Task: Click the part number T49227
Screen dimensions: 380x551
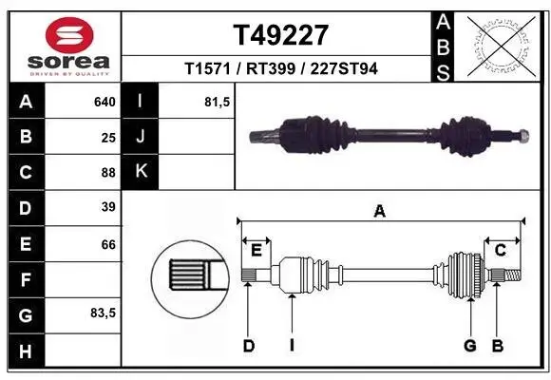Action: click(x=280, y=36)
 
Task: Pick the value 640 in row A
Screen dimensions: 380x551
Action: click(x=104, y=102)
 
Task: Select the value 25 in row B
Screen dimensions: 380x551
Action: click(x=108, y=137)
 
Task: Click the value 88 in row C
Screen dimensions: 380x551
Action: click(x=108, y=172)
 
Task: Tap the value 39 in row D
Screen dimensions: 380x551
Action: click(x=108, y=207)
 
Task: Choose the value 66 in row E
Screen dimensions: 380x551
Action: click(x=108, y=244)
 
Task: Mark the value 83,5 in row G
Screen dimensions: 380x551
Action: click(x=103, y=313)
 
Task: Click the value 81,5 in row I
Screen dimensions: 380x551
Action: click(x=218, y=102)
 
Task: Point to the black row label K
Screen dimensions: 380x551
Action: click(x=141, y=172)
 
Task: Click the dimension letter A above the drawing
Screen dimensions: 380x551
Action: click(x=380, y=213)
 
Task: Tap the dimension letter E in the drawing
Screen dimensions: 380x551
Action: click(x=256, y=250)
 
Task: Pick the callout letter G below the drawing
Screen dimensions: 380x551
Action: click(x=469, y=346)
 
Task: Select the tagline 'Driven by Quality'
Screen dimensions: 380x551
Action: click(x=70, y=73)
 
